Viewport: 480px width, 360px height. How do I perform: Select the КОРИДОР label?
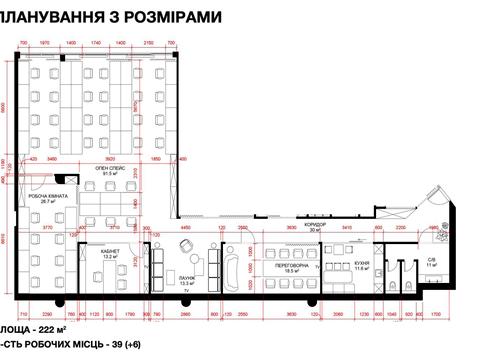(317, 223)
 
